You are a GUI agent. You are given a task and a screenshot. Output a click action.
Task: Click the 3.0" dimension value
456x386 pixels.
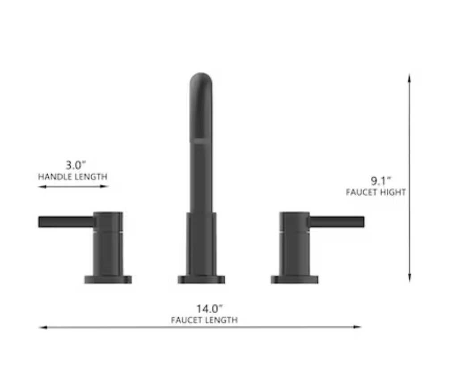[x=73, y=165]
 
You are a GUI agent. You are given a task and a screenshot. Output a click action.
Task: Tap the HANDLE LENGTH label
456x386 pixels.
[x=72, y=176]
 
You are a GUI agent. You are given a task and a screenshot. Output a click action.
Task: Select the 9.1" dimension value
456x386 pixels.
[x=381, y=181]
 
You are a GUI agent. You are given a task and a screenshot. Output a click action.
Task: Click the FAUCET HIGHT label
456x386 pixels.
[x=376, y=193]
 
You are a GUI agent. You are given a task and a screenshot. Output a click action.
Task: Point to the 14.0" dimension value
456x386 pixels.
[x=209, y=308]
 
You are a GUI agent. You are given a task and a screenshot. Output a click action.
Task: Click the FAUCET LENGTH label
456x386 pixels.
[x=204, y=320]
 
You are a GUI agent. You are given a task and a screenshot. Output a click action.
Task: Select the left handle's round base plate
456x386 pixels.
[x=108, y=280]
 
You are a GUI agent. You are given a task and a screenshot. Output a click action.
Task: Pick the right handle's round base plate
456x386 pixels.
[x=294, y=280]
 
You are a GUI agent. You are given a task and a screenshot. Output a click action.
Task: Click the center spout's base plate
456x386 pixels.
[x=201, y=280]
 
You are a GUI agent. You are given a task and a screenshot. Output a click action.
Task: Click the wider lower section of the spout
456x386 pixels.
[x=201, y=243]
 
